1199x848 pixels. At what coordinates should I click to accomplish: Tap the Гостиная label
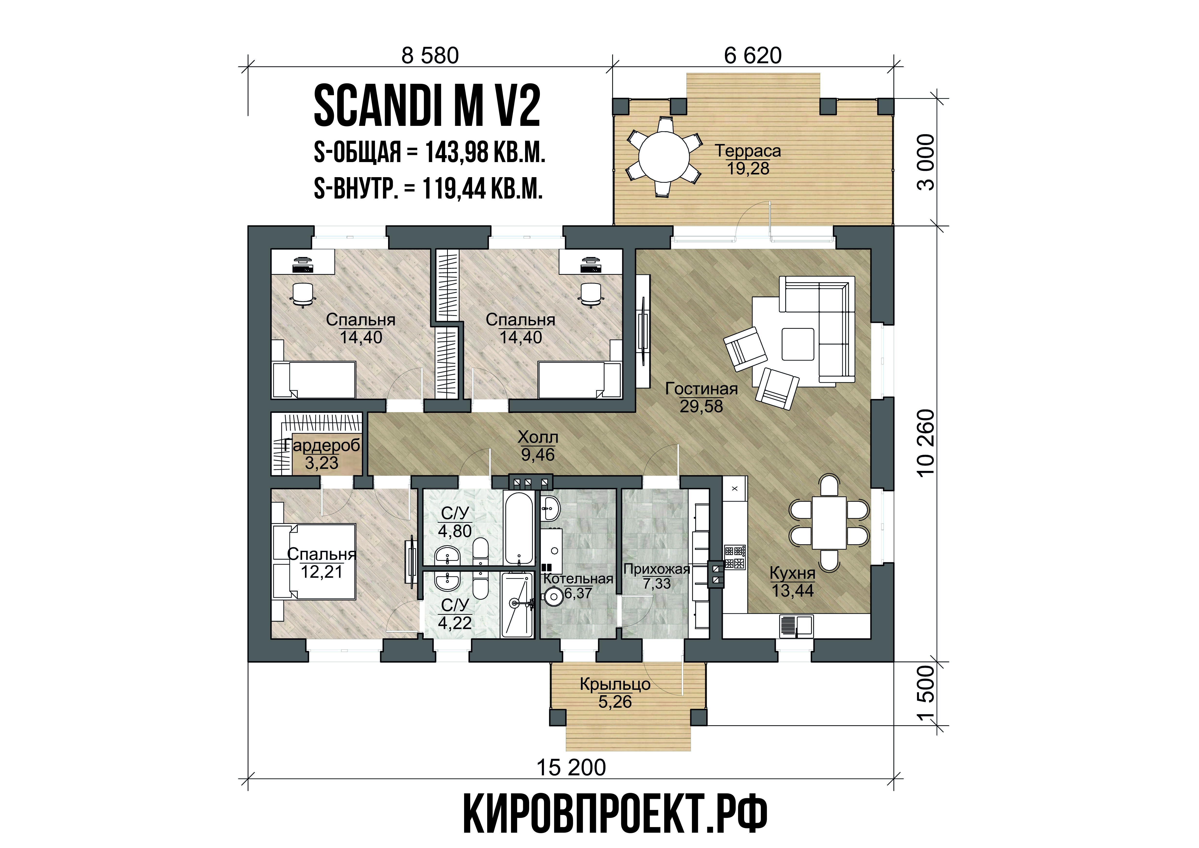[701, 389]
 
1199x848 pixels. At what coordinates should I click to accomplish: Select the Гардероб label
[322, 445]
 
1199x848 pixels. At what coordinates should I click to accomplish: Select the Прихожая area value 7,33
[656, 584]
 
